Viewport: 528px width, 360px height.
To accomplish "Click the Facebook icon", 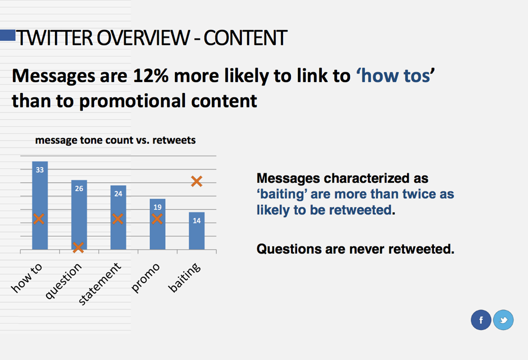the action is pos(481,320).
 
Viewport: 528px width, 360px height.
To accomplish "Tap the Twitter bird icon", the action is pos(503,320).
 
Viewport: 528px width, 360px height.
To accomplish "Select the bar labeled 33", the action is pos(40,205).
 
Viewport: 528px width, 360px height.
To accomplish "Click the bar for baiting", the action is pos(196,230).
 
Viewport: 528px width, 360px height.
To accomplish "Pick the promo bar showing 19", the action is pos(157,224).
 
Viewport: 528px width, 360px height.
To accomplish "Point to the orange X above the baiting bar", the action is pos(196,181).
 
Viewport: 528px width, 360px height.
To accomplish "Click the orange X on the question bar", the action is pos(78,247).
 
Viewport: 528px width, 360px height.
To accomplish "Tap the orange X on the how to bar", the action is pos(38,219).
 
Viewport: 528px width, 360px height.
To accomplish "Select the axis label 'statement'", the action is pos(99,283).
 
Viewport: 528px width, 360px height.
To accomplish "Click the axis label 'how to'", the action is pos(27,278).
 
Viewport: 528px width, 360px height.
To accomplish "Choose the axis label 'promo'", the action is pos(145,278).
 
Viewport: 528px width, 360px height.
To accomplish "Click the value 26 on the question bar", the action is pos(79,188).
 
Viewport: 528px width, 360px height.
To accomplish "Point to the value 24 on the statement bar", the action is pos(118,193).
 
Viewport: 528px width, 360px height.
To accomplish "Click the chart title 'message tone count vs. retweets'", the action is pos(115,140).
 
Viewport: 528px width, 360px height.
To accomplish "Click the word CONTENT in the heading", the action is pos(245,37).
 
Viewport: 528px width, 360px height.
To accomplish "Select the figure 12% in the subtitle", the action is pos(150,75).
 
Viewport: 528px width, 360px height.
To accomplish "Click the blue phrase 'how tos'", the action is pos(395,75).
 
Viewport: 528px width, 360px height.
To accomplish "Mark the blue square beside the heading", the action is pos(7,35).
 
